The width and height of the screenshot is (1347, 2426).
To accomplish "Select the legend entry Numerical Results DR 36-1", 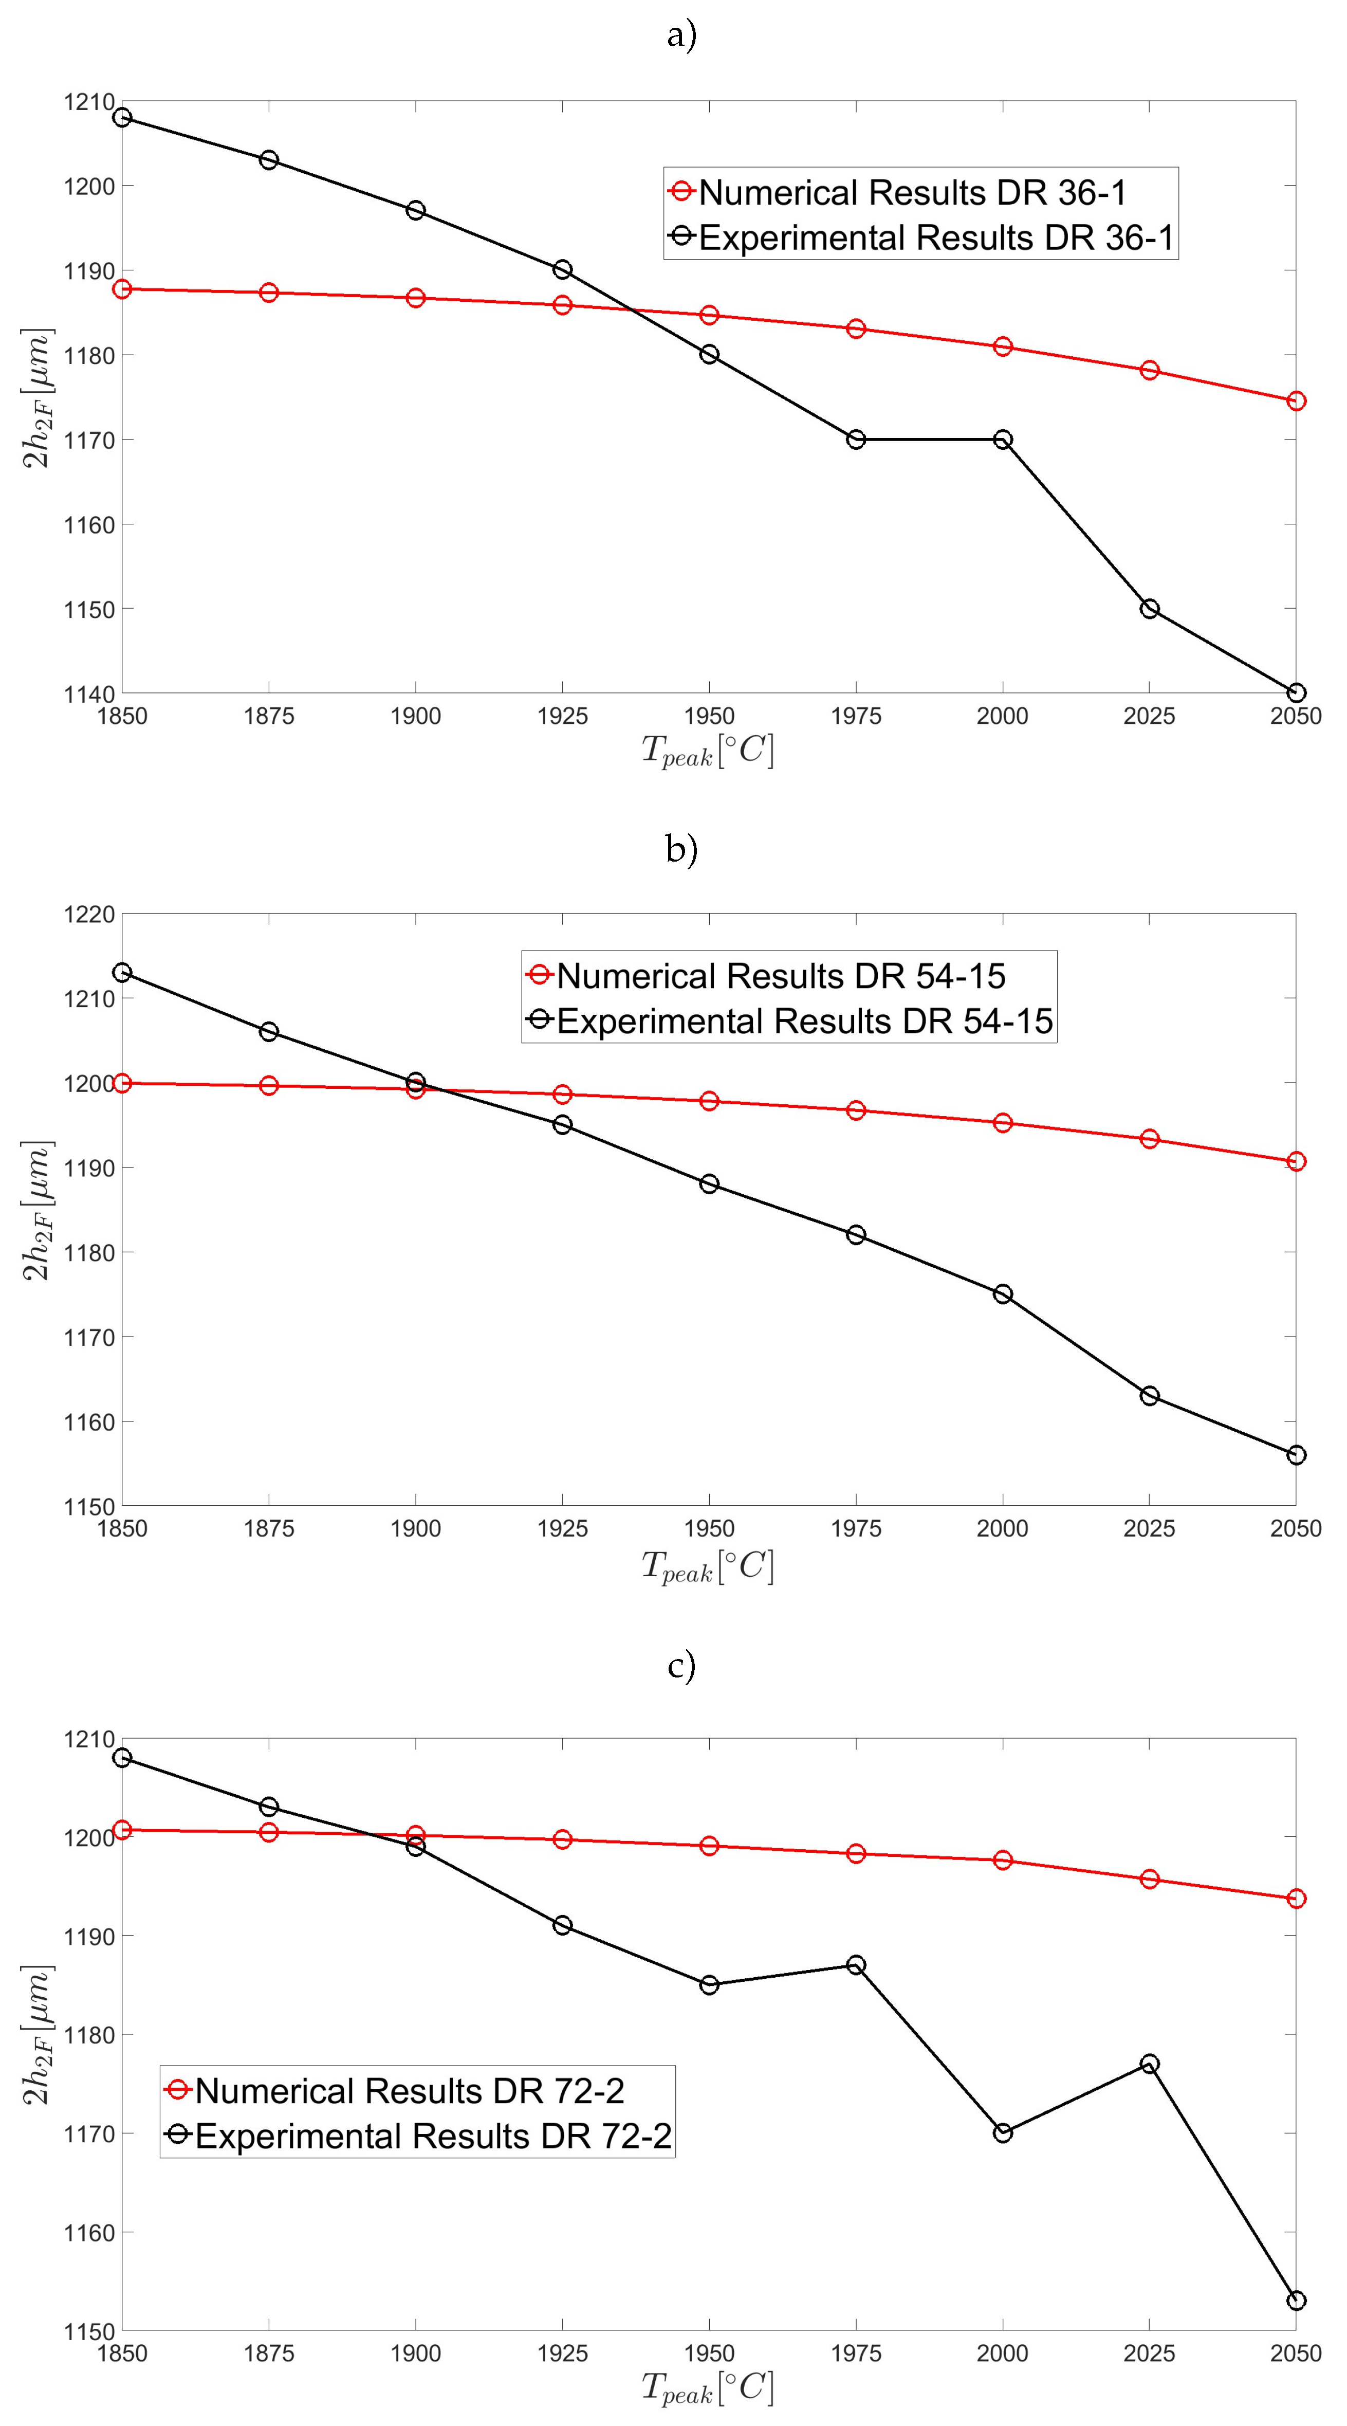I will (911, 192).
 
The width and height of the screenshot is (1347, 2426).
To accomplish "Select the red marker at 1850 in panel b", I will (122, 1083).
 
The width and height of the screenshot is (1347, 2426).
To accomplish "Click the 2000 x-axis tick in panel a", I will (1003, 716).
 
